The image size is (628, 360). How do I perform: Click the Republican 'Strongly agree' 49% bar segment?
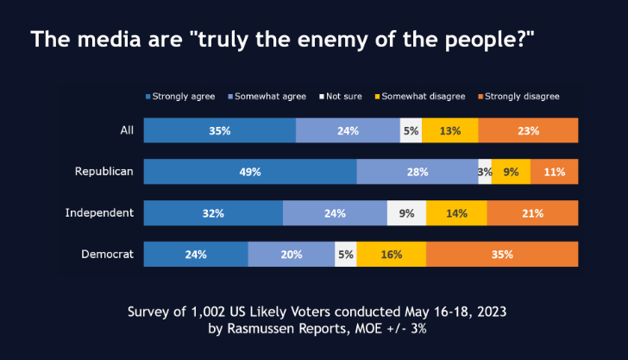[x=250, y=172]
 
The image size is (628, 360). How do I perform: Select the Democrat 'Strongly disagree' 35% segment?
[x=502, y=255]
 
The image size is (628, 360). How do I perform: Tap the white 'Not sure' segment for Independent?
[x=406, y=213]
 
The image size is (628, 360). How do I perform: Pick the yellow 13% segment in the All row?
[x=449, y=131]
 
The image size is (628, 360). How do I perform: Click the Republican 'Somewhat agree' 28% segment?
[x=418, y=172]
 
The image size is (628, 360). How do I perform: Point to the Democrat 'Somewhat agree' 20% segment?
[x=292, y=255]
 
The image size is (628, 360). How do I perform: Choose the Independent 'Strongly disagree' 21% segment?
[x=532, y=213]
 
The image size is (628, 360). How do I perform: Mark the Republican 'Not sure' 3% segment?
[x=485, y=172]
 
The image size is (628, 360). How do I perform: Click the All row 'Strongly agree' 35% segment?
[x=219, y=131]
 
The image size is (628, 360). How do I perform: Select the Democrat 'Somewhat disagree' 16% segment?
[x=391, y=255]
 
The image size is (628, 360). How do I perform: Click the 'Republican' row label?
[x=104, y=171]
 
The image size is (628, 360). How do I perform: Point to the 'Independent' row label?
[x=99, y=212]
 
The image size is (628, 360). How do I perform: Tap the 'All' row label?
[x=126, y=130]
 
